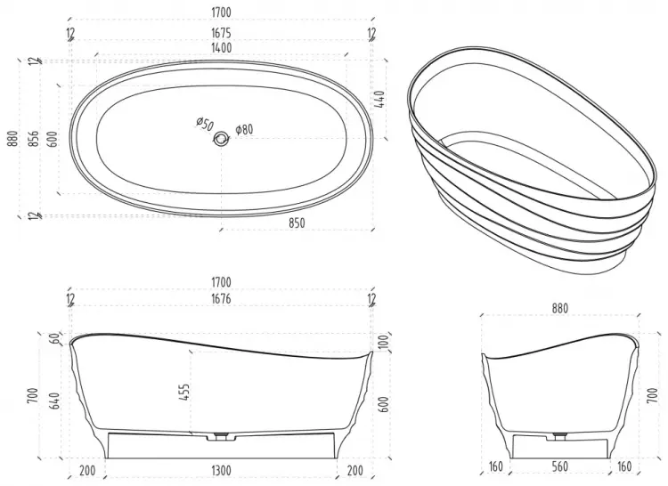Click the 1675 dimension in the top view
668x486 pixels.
(x=221, y=33)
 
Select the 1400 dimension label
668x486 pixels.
(x=221, y=48)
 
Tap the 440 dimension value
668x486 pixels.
(x=380, y=99)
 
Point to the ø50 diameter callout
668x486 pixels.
(x=205, y=125)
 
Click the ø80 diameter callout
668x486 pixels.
(x=245, y=129)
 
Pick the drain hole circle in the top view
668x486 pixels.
(x=221, y=138)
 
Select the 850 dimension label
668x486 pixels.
(x=297, y=223)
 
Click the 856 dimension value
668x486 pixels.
(x=36, y=138)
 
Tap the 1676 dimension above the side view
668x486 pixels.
(x=221, y=299)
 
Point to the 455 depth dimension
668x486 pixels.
(x=184, y=393)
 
